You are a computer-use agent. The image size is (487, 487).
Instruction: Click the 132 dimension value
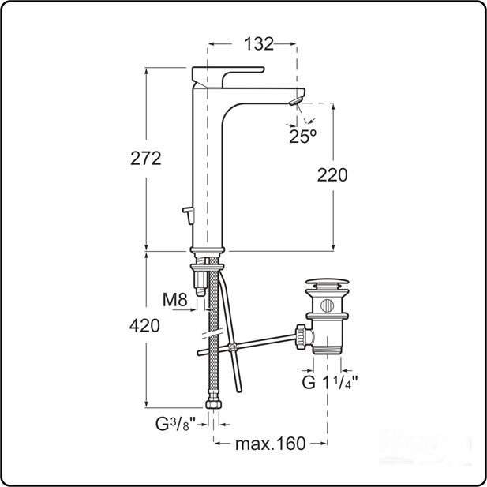[259, 43]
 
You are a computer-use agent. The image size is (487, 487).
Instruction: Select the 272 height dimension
[146, 159]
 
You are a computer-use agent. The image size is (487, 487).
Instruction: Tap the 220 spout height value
[332, 175]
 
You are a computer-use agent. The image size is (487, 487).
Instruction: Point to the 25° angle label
[303, 136]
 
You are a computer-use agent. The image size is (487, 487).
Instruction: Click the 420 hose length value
[144, 326]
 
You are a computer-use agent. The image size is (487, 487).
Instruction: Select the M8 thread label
[175, 300]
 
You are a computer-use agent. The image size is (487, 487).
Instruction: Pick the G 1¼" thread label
[330, 382]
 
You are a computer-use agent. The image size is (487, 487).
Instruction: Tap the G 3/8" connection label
[176, 424]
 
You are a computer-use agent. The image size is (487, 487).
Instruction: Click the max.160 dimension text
[270, 444]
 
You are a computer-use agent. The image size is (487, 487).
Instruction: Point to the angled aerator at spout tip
[296, 101]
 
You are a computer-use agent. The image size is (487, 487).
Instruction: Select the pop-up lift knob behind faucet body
[188, 215]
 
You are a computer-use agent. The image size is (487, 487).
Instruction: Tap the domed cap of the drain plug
[327, 282]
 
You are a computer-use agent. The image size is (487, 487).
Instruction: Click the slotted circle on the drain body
[327, 305]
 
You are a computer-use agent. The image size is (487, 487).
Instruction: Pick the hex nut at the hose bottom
[214, 404]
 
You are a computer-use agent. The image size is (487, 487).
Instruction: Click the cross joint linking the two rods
[232, 347]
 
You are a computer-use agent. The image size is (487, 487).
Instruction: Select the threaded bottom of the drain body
[327, 350]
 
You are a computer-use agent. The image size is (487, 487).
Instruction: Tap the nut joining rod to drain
[301, 337]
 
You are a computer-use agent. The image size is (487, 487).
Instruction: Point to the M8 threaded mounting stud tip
[200, 291]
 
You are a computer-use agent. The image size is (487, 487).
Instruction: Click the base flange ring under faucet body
[208, 249]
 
